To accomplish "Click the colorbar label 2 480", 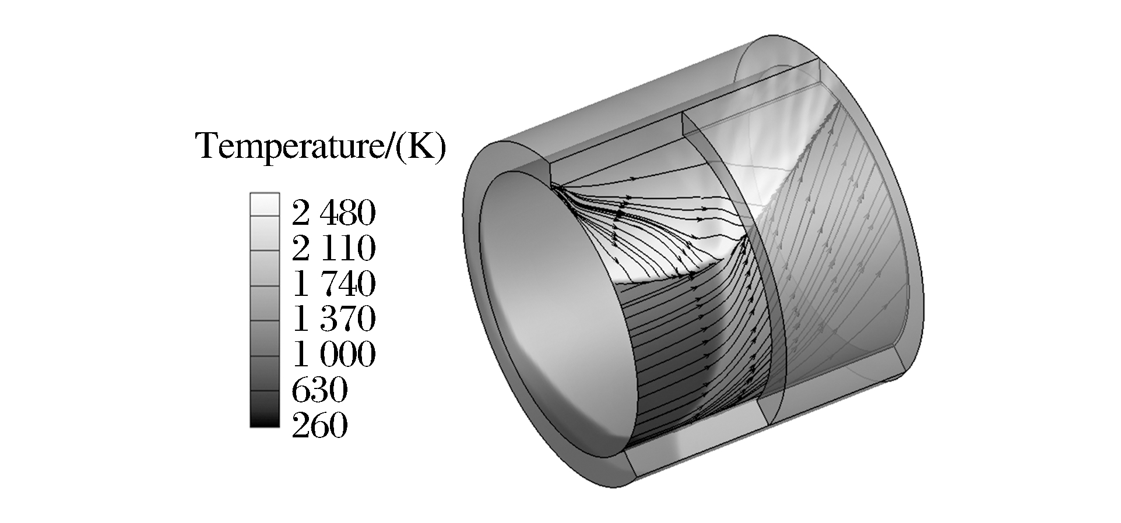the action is coord(333,214).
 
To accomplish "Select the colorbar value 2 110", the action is coord(333,249).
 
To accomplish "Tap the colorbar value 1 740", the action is coord(333,284).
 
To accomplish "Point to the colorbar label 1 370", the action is coord(333,319).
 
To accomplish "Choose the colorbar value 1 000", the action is coord(333,354).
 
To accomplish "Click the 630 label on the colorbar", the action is coord(319,390).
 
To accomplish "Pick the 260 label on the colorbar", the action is coord(319,425).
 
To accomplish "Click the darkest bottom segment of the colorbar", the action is coord(265,409).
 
